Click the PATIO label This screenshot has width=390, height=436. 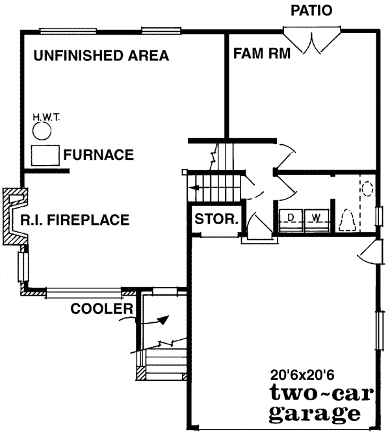tap(311, 10)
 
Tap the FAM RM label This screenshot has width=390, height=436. tap(261, 53)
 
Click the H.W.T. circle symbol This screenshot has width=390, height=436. tap(43, 132)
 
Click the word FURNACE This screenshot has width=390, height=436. tap(99, 155)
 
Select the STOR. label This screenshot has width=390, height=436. tap(216, 219)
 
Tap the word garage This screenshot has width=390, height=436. tap(314, 413)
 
